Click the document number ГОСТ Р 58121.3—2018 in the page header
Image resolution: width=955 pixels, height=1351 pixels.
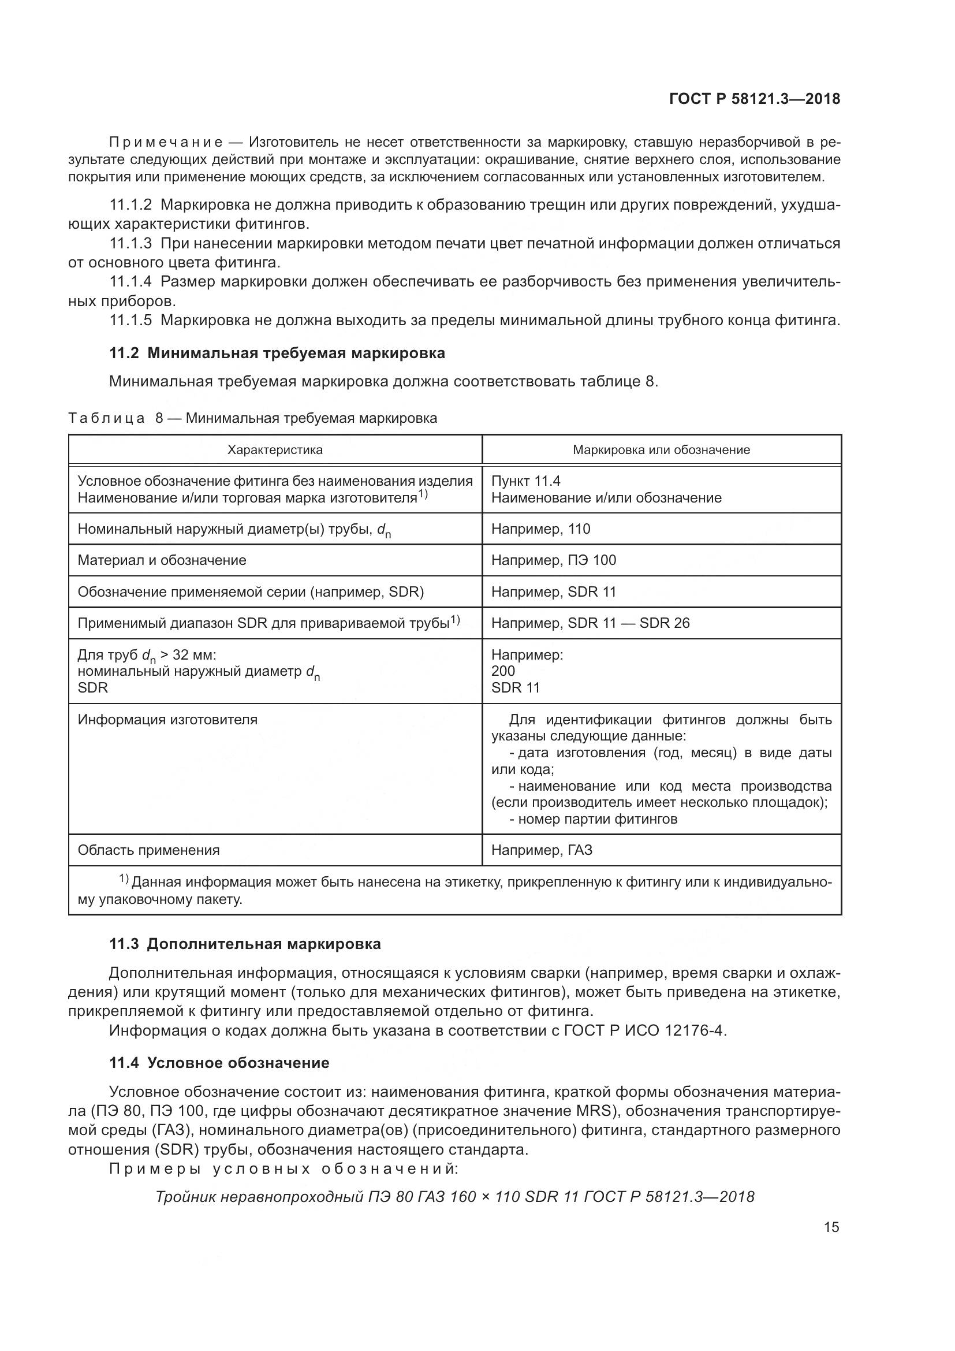(755, 99)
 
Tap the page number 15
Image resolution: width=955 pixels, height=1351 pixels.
(831, 1227)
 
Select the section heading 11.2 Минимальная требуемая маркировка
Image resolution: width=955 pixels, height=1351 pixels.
(277, 353)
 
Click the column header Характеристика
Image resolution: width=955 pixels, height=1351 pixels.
(275, 450)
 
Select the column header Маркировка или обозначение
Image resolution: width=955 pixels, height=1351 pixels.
(662, 450)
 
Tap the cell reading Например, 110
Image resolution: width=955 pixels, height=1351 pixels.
(540, 529)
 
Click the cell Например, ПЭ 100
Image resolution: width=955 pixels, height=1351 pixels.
(553, 560)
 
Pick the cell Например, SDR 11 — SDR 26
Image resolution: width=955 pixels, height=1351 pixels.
(591, 623)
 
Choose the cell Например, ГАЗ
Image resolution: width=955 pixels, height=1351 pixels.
(542, 850)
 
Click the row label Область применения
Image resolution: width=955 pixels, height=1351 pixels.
(149, 850)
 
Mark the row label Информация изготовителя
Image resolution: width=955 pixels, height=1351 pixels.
(167, 720)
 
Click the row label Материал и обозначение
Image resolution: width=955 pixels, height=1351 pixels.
(162, 560)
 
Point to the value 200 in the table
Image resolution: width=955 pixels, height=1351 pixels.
(503, 671)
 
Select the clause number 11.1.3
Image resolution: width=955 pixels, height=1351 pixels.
(130, 243)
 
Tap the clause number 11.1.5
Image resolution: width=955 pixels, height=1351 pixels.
(130, 320)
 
